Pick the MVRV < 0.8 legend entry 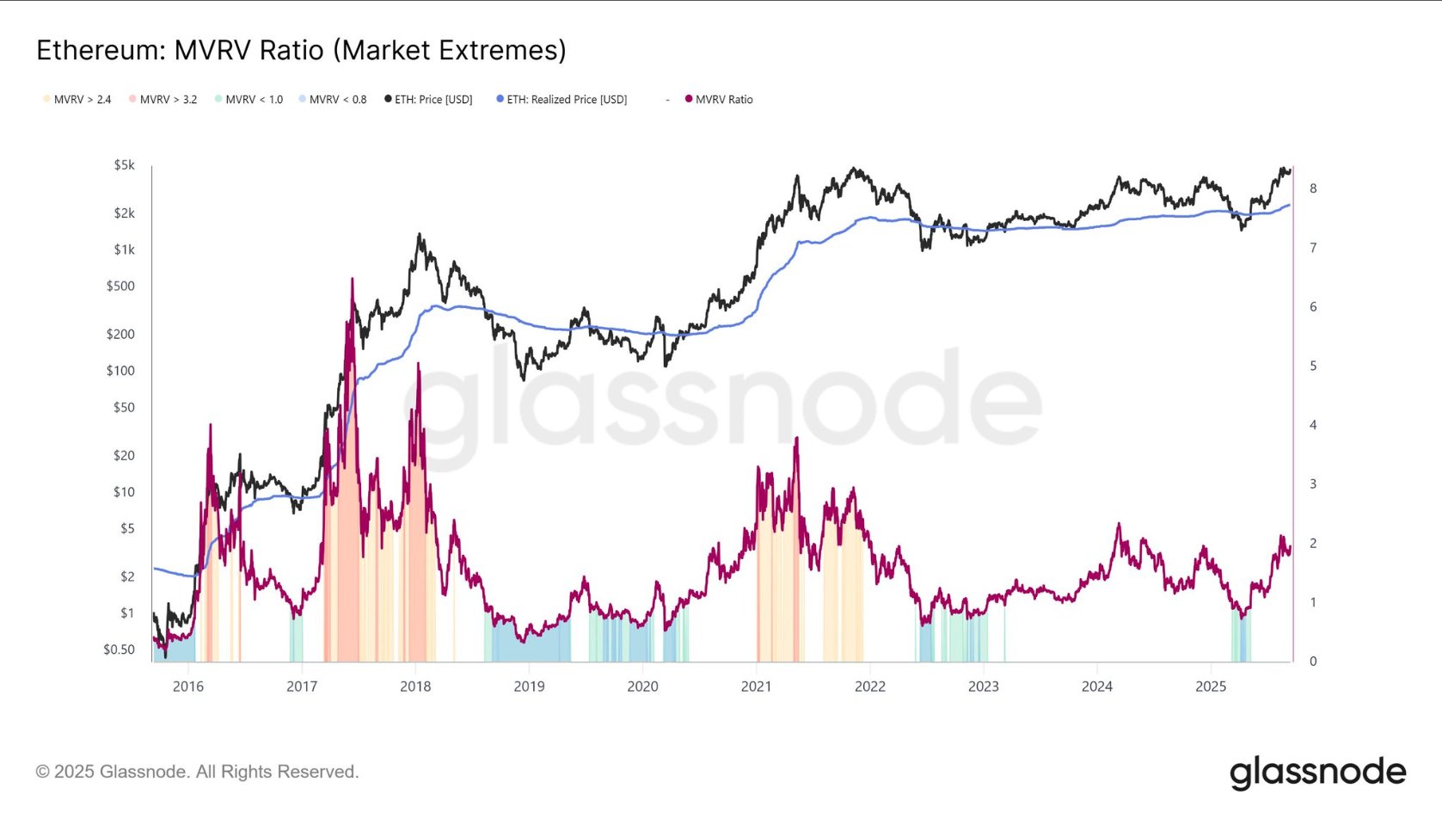click(x=336, y=100)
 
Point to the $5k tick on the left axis click(x=125, y=165)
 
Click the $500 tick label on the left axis click(x=120, y=286)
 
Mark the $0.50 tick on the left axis click(x=120, y=650)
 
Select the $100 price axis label click(x=120, y=371)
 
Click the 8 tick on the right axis click(x=1313, y=188)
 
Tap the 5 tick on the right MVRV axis click(x=1313, y=366)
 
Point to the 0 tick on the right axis click(x=1313, y=662)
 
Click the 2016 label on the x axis click(x=188, y=687)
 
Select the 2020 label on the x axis click(x=642, y=687)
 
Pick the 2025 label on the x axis click(x=1211, y=687)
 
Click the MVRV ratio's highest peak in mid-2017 click(x=352, y=280)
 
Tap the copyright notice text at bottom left click(x=197, y=772)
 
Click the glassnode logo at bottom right click(x=1317, y=773)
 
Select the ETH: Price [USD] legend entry click(x=433, y=100)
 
